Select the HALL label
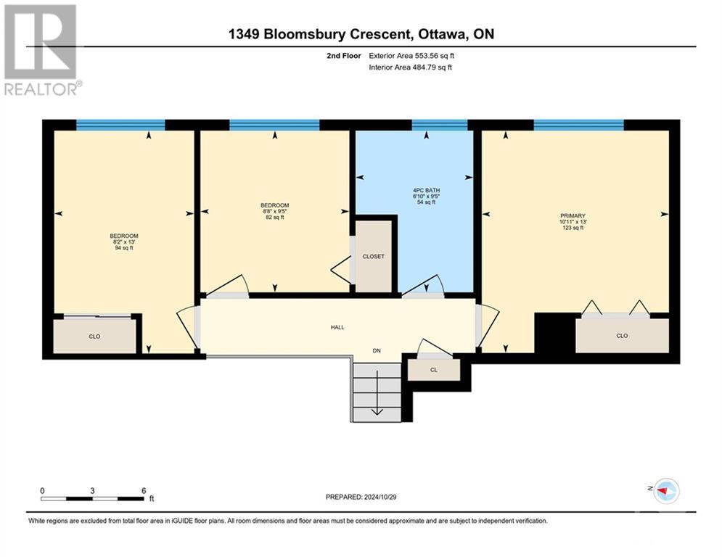[x=337, y=327]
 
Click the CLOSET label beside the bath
[x=374, y=257]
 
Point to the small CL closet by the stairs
[x=434, y=370]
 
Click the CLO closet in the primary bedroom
[x=622, y=336]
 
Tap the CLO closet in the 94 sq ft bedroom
[x=94, y=337]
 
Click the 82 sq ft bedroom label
[x=274, y=211]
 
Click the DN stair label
[x=377, y=351]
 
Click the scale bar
[x=92, y=498]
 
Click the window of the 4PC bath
[x=440, y=125]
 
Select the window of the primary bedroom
[x=578, y=125]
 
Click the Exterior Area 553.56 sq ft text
[x=411, y=55]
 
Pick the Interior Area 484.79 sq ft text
[x=411, y=67]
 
